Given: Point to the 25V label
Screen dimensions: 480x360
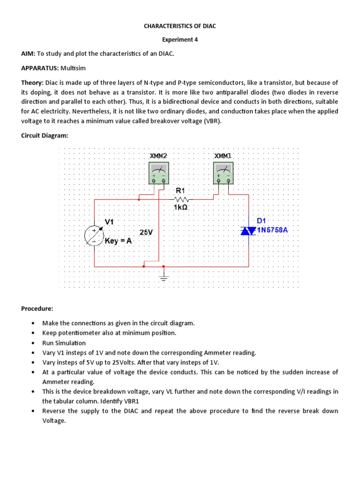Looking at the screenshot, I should [x=146, y=232].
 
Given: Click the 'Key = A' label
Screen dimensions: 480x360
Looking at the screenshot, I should [x=119, y=240].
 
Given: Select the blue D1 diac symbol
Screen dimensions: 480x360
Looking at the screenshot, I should [x=248, y=230].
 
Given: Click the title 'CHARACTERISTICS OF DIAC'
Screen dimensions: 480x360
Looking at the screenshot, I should [x=180, y=26].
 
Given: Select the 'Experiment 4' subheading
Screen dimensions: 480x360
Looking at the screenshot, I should [x=180, y=40].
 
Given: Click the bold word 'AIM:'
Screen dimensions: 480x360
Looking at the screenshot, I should [x=29, y=54].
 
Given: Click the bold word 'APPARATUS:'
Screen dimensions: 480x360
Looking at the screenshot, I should [x=39, y=68].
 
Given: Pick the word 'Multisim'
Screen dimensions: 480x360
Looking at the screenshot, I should [x=73, y=68].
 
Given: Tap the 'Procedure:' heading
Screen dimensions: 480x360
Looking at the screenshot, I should [x=37, y=309].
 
